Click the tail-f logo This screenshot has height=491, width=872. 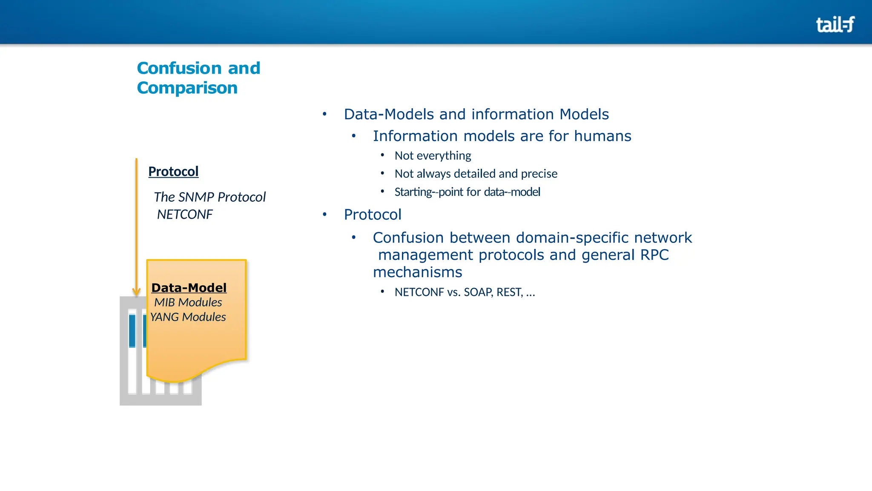point(835,24)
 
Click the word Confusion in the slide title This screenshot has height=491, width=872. point(179,68)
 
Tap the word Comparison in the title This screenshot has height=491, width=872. point(187,88)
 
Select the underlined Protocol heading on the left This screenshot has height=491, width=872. point(173,171)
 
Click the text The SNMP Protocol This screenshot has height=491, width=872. point(209,197)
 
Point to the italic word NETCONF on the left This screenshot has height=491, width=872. point(184,214)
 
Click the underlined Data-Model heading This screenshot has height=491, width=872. point(189,288)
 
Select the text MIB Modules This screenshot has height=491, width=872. point(188,302)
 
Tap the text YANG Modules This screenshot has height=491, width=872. point(188,317)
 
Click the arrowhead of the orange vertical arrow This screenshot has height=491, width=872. point(136,292)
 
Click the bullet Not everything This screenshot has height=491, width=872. point(433,156)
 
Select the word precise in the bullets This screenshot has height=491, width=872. point(539,173)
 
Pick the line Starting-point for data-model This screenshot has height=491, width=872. point(467,192)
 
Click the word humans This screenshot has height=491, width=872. point(602,136)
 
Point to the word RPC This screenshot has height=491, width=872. point(654,255)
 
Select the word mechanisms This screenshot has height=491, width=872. point(417,272)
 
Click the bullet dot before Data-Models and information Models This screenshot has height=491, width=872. point(324,114)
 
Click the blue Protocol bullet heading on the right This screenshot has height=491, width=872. point(373,214)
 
